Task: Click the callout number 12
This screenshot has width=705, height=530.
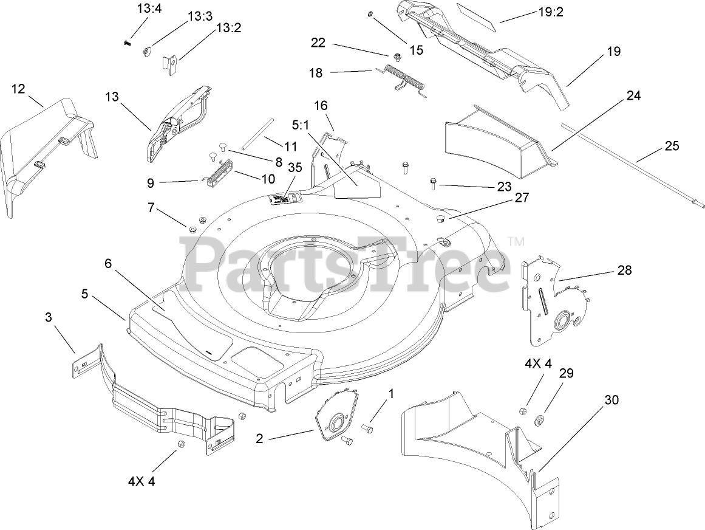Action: pyautogui.click(x=18, y=89)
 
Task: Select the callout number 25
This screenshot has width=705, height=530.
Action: pyautogui.click(x=672, y=146)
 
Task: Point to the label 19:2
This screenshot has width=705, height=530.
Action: pyautogui.click(x=551, y=12)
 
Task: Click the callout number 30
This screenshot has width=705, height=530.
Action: pyautogui.click(x=612, y=400)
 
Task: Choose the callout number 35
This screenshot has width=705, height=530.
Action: pyautogui.click(x=295, y=167)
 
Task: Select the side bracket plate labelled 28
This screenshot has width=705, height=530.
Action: pyautogui.click(x=553, y=298)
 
